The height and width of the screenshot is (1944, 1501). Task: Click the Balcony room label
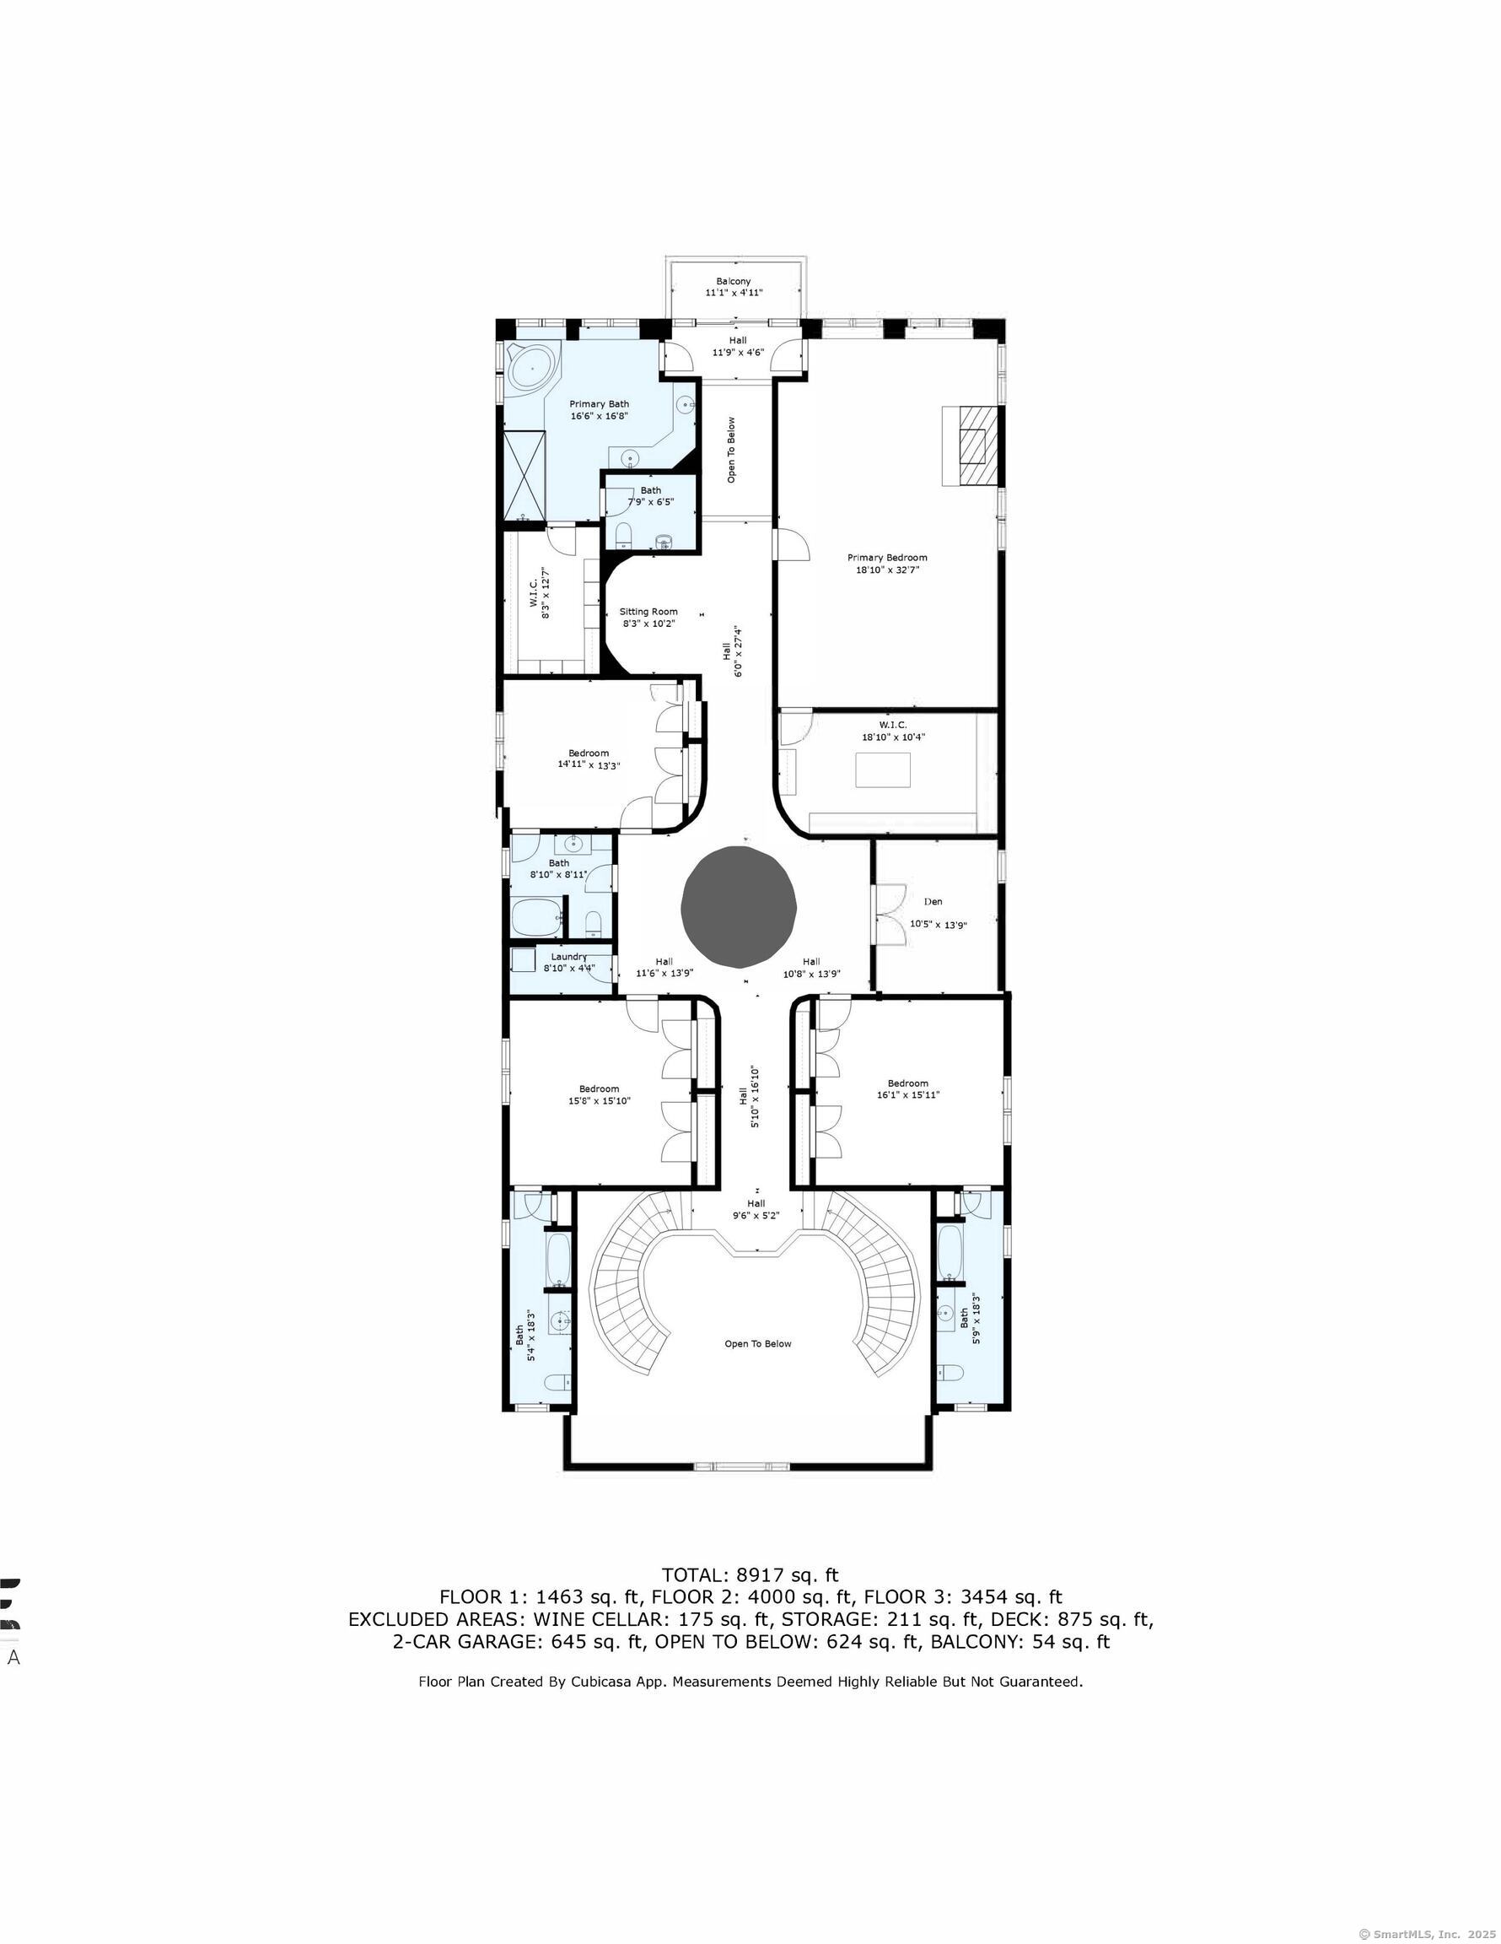(x=733, y=281)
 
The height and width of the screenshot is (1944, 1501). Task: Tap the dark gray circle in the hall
(x=738, y=907)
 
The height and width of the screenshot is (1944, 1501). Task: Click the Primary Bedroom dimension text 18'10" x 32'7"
(x=886, y=570)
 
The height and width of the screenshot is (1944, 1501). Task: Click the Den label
(x=933, y=902)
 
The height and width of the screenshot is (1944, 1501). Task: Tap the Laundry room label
(x=568, y=957)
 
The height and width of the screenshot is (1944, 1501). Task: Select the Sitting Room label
(x=648, y=612)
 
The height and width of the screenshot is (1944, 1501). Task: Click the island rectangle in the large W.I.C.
(x=883, y=770)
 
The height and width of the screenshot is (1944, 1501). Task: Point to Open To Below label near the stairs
(x=757, y=1344)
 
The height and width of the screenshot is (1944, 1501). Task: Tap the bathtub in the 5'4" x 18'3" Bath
(x=558, y=1258)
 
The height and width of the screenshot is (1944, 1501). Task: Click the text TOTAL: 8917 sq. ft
(x=750, y=1574)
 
